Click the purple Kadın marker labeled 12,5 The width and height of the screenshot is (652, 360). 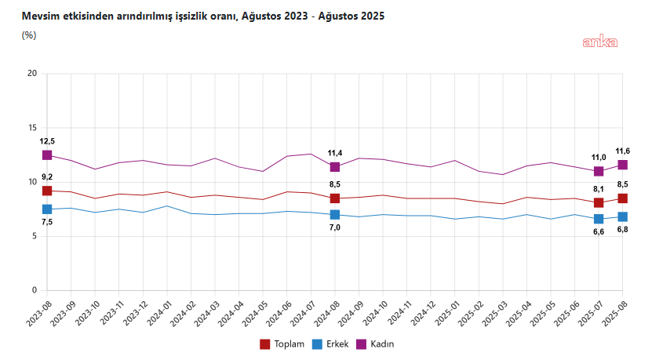pyautogui.click(x=47, y=155)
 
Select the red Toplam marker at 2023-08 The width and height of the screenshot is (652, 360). pyautogui.click(x=47, y=191)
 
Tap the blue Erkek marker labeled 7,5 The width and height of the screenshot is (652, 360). pyautogui.click(x=47, y=209)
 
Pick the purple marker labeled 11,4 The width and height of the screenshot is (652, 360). pyautogui.click(x=335, y=167)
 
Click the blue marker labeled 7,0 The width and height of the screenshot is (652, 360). pyautogui.click(x=335, y=214)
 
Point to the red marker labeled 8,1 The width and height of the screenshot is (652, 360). pyautogui.click(x=599, y=202)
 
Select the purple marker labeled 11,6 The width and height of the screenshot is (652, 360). pyautogui.click(x=623, y=165)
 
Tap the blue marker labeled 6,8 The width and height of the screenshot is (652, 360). pyautogui.click(x=623, y=216)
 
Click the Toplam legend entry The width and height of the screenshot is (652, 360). pyautogui.click(x=282, y=344)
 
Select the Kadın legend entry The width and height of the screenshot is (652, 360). pyautogui.click(x=385, y=344)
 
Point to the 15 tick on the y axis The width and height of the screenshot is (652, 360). pyautogui.click(x=31, y=128)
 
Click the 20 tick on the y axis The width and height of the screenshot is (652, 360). pyautogui.click(x=31, y=74)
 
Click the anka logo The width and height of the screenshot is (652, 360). pyautogui.click(x=599, y=42)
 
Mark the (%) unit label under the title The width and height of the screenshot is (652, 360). pyautogui.click(x=30, y=35)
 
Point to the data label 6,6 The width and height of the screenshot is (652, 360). pyautogui.click(x=599, y=231)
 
